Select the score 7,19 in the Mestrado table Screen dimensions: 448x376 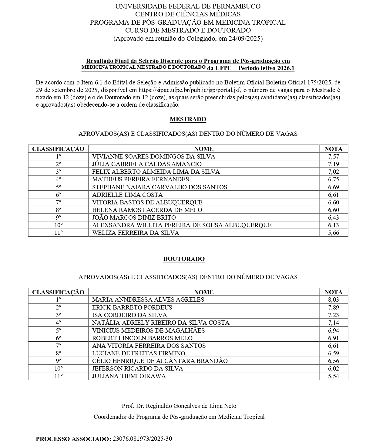tap(333, 164)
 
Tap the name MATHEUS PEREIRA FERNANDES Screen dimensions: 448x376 tap(140, 179)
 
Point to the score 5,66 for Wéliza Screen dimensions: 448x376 tap(333, 233)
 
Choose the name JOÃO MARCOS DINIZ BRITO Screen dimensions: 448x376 tap(134, 217)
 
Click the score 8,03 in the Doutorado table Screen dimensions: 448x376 tap(333, 299)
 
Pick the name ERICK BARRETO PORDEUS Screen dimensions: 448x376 tap(132, 307)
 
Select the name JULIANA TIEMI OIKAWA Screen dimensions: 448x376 tap(129, 376)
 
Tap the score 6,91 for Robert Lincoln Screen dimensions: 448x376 tap(333, 338)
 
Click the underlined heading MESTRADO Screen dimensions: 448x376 tap(188, 119)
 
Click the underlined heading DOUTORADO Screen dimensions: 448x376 tap(184, 259)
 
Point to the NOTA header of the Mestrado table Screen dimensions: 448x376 tap(333, 149)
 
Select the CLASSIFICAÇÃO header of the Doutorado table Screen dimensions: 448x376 tap(58, 292)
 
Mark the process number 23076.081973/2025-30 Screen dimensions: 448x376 tap(142, 439)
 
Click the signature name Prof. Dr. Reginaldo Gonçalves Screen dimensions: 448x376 tap(179, 406)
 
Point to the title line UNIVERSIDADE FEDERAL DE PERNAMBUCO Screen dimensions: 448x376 tap(188, 6)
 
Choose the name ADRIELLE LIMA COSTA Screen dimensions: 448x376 tap(127, 195)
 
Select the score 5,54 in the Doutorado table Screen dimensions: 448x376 tap(333, 376)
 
